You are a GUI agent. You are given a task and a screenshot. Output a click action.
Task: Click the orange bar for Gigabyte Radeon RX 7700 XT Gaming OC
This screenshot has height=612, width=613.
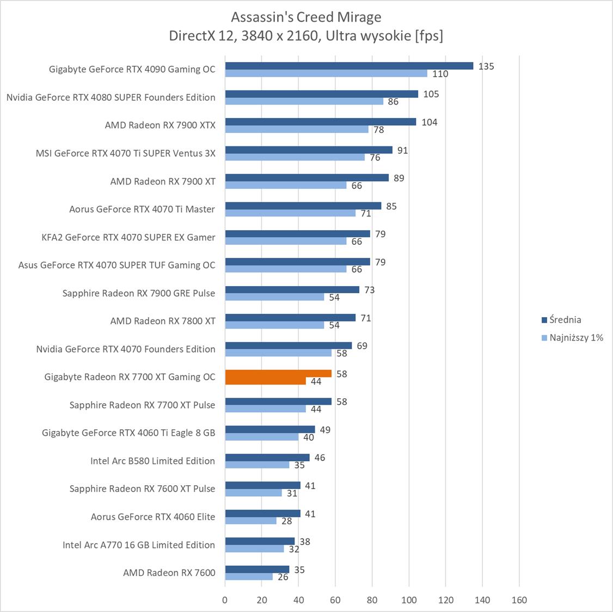coord(278,374)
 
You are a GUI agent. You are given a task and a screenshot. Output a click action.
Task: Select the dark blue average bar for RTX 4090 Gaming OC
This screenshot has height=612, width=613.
coord(348,66)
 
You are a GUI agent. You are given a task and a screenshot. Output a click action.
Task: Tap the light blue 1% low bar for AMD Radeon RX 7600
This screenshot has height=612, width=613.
coord(249,577)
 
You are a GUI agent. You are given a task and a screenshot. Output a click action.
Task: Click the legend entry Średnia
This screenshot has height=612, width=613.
coord(565,320)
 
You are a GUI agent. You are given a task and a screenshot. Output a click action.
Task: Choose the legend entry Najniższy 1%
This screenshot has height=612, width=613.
coord(576,338)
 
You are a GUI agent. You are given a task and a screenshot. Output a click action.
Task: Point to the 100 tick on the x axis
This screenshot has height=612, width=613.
coord(409,600)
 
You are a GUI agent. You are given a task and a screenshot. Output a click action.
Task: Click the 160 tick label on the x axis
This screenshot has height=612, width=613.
coord(519,600)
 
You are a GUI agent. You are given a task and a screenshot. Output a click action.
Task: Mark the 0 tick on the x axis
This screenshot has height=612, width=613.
coord(225,600)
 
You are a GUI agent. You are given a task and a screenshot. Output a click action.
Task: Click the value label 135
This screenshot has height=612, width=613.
coord(486,66)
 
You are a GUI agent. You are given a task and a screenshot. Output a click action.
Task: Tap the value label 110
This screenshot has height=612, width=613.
coord(440,74)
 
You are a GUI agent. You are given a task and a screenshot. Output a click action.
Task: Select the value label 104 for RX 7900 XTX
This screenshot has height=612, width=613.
coord(429,122)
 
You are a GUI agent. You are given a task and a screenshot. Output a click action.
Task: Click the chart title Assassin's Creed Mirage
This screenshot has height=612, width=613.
coord(306,17)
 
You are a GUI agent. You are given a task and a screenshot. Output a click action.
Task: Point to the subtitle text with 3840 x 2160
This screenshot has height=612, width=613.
coord(306,36)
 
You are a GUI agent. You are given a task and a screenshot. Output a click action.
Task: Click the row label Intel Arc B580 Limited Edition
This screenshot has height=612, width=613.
coord(152,461)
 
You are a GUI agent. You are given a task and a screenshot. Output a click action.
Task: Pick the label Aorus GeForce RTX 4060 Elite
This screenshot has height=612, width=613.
coord(152,517)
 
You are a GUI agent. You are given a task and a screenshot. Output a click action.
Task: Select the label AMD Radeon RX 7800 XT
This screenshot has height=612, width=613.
coord(163,321)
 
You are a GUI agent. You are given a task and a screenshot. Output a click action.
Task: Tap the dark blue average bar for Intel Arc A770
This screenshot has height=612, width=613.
coord(260,541)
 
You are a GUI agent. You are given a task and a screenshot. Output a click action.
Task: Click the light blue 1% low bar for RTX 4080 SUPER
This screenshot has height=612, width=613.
coord(304,101)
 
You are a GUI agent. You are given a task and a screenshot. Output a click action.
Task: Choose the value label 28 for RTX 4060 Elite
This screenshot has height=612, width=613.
coord(286,521)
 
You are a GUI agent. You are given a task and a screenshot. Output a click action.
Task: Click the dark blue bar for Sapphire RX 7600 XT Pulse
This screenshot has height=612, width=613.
coord(262,485)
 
